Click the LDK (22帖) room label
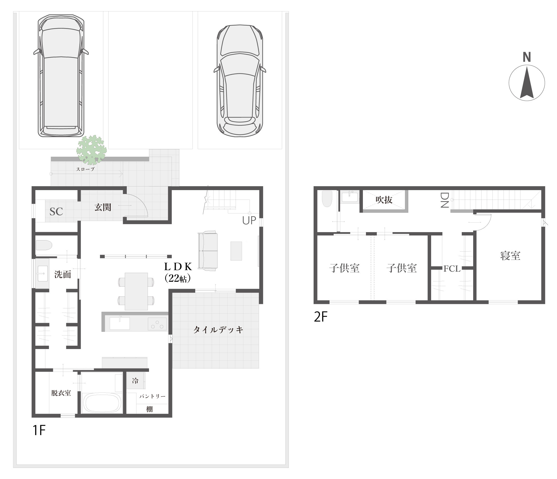click(178, 272)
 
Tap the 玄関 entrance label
click(103, 207)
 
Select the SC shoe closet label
click(56, 212)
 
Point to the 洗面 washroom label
click(63, 274)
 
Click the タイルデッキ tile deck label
click(218, 330)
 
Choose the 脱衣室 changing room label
click(61, 393)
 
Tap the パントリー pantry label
click(152, 396)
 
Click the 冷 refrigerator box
click(136, 380)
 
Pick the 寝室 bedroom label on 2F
click(510, 256)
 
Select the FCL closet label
click(452, 269)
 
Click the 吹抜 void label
click(384, 200)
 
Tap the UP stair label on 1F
click(249, 220)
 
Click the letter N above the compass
click(527, 57)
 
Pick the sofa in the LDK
click(207, 250)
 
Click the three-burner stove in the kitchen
click(157, 324)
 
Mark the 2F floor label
click(321, 317)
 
